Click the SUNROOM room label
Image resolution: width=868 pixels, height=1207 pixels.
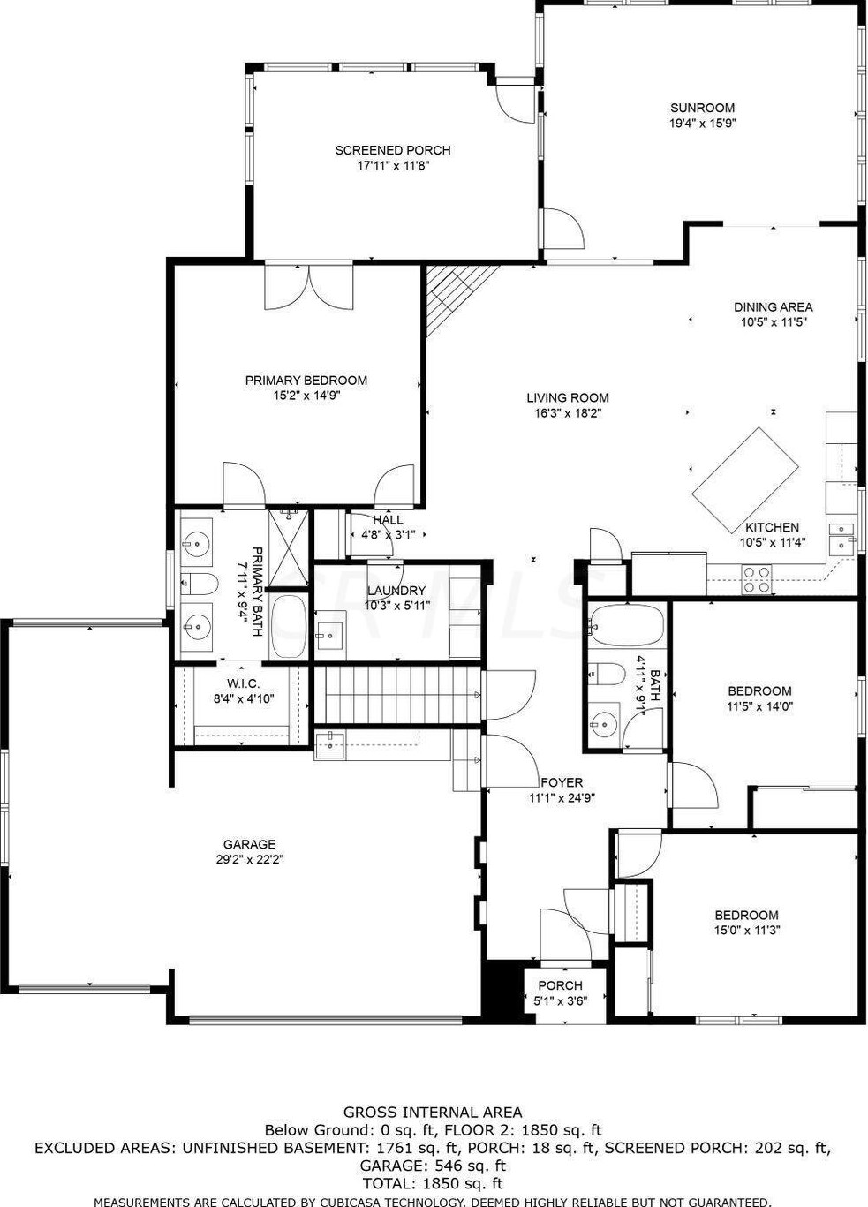pyautogui.click(x=702, y=108)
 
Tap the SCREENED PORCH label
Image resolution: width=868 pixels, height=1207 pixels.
pyautogui.click(x=393, y=150)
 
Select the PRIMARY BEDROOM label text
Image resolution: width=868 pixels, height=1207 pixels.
pyautogui.click(x=306, y=381)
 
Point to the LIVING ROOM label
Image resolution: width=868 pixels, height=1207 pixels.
pyautogui.click(x=568, y=397)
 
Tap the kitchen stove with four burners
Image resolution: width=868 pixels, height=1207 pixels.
pyautogui.click(x=756, y=578)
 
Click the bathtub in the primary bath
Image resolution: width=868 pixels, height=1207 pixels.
pyautogui.click(x=288, y=626)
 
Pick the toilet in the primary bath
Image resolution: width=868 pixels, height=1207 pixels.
pyautogui.click(x=200, y=583)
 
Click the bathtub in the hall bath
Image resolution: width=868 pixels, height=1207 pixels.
pyautogui.click(x=625, y=625)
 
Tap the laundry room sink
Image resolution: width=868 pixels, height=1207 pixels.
pyautogui.click(x=330, y=633)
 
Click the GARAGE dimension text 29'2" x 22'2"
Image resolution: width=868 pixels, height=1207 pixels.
pyautogui.click(x=249, y=859)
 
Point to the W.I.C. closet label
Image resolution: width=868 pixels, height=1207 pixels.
pyautogui.click(x=243, y=683)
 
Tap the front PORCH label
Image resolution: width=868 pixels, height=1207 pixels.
pyautogui.click(x=560, y=985)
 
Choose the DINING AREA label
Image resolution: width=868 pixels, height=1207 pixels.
pyautogui.click(x=773, y=307)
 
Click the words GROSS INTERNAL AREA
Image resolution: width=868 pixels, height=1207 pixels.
pyautogui.click(x=433, y=1113)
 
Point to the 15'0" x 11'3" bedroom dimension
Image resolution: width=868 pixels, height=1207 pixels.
pyautogui.click(x=747, y=930)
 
